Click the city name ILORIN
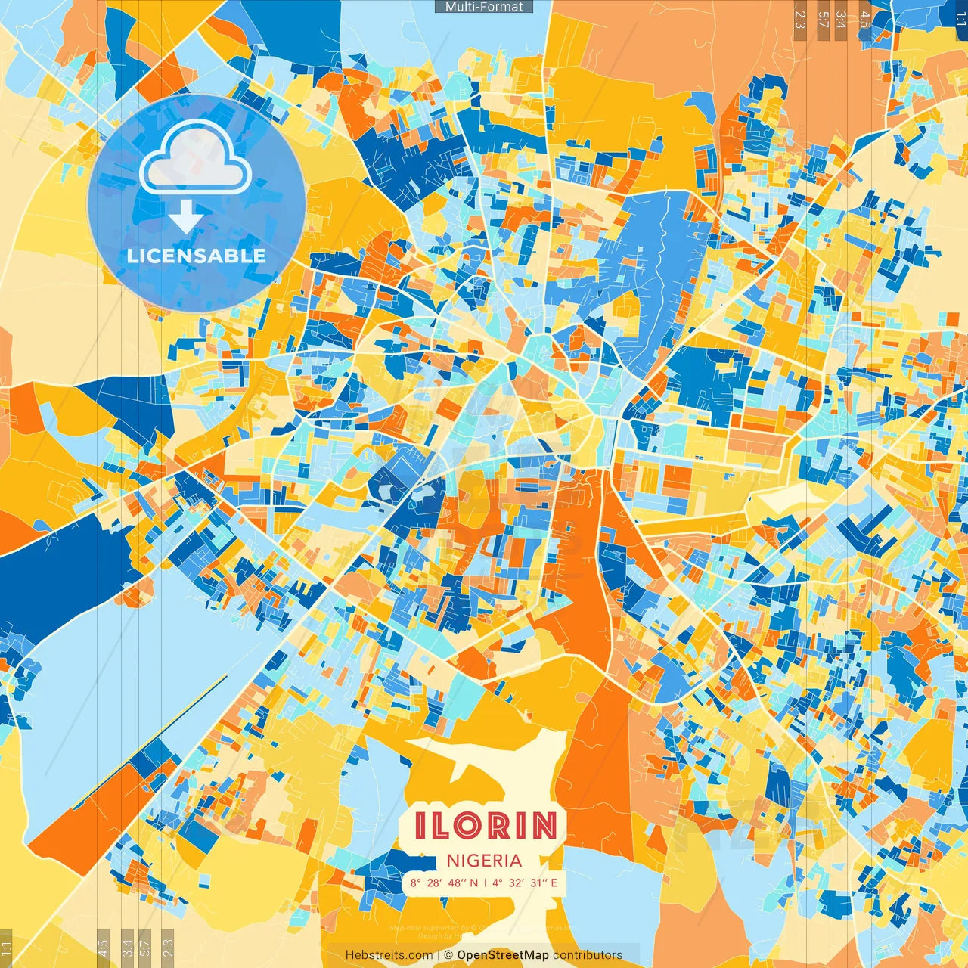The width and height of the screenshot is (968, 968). point(485,825)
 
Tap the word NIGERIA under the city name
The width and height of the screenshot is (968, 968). point(484,861)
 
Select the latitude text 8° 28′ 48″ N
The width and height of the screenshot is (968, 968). point(444,883)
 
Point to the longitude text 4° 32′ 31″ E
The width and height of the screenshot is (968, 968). point(525,883)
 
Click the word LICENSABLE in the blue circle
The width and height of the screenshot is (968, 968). point(197,256)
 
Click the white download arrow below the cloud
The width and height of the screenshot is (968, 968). point(185,216)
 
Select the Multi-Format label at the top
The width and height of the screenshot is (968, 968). point(484,7)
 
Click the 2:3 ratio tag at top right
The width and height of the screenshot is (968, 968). point(799,20)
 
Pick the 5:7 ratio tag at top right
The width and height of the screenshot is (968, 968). point(823,20)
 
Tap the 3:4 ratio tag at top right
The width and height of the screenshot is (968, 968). point(841,20)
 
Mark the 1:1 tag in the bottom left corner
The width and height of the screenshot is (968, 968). point(6,948)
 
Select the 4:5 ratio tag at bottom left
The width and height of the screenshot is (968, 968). point(103,946)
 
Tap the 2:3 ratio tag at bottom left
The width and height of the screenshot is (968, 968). point(168,946)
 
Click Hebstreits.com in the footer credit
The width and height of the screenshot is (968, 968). point(389,955)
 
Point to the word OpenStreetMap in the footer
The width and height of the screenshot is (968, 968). point(503,955)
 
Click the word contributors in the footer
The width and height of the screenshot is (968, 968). point(588,955)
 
